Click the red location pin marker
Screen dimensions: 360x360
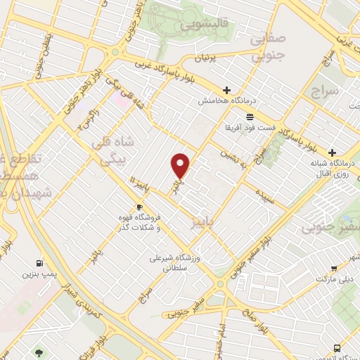[181, 165]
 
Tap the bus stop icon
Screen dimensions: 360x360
[338, 347]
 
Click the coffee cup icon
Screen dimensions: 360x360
[139, 207]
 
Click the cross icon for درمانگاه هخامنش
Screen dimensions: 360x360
[226, 90]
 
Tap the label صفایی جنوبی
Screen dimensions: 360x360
[266, 47]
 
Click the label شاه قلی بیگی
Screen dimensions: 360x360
[108, 150]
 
